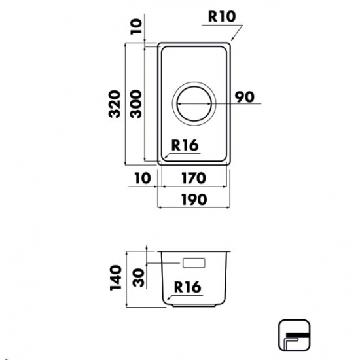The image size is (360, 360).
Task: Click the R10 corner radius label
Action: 222,16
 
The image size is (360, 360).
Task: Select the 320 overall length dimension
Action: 115,104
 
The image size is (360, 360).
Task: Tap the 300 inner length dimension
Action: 135,104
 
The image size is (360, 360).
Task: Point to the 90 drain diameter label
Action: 245,97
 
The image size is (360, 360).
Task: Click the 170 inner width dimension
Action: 194,178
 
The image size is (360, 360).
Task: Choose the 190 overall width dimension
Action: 194,199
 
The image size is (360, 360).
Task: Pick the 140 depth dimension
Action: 115,278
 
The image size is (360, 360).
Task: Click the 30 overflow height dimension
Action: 139,278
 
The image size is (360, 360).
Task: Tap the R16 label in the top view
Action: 185,145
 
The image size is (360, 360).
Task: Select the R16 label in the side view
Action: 188,287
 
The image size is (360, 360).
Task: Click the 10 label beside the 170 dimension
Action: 143,178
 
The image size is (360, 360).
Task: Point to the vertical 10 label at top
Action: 136,26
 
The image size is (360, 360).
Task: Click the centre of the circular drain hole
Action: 194,104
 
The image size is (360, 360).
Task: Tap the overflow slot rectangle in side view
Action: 194,263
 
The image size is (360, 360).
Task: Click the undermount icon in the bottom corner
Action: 295,335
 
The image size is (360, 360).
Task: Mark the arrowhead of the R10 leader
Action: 232,39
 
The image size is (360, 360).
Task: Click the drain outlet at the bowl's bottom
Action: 194,305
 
